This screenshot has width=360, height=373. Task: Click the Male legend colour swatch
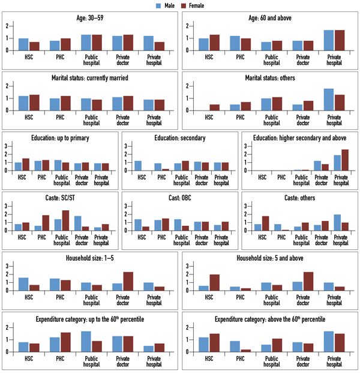pos(159,5)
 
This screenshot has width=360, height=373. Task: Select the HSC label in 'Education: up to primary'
pos(22,177)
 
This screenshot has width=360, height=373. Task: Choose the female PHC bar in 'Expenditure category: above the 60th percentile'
pos(245,350)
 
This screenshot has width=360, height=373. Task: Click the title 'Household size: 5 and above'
pos(269,258)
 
